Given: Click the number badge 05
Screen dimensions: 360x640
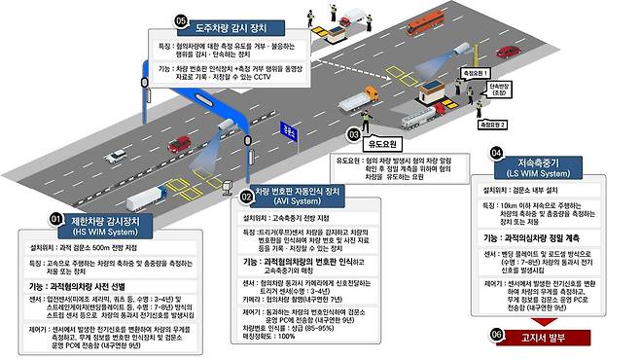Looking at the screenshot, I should coord(180,20).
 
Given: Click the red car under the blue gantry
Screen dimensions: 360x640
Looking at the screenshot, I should coord(178,144).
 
